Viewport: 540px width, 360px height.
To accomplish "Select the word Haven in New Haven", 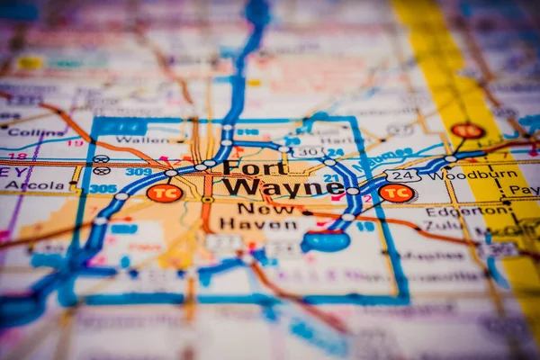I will point(246,223).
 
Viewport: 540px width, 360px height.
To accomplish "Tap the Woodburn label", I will point(487,175).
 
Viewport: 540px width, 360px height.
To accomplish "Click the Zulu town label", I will point(443,225).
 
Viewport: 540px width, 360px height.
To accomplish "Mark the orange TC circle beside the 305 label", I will point(164,193).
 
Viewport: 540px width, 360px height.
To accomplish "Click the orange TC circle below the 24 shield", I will point(396,193).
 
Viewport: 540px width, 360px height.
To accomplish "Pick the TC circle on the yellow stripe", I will point(467,130).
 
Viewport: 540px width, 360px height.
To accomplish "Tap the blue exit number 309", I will point(139,171).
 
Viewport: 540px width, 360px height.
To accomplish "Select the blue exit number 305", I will point(103,189).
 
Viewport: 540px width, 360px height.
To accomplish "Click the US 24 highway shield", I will point(401,175).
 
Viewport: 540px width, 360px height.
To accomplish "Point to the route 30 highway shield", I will point(309,152).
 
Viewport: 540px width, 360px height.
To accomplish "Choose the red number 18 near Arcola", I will point(18,156).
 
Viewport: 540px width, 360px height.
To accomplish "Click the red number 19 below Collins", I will point(75,143).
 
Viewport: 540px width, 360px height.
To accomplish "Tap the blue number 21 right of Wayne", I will point(332,177).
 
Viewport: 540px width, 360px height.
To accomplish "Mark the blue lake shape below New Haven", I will point(326,241).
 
